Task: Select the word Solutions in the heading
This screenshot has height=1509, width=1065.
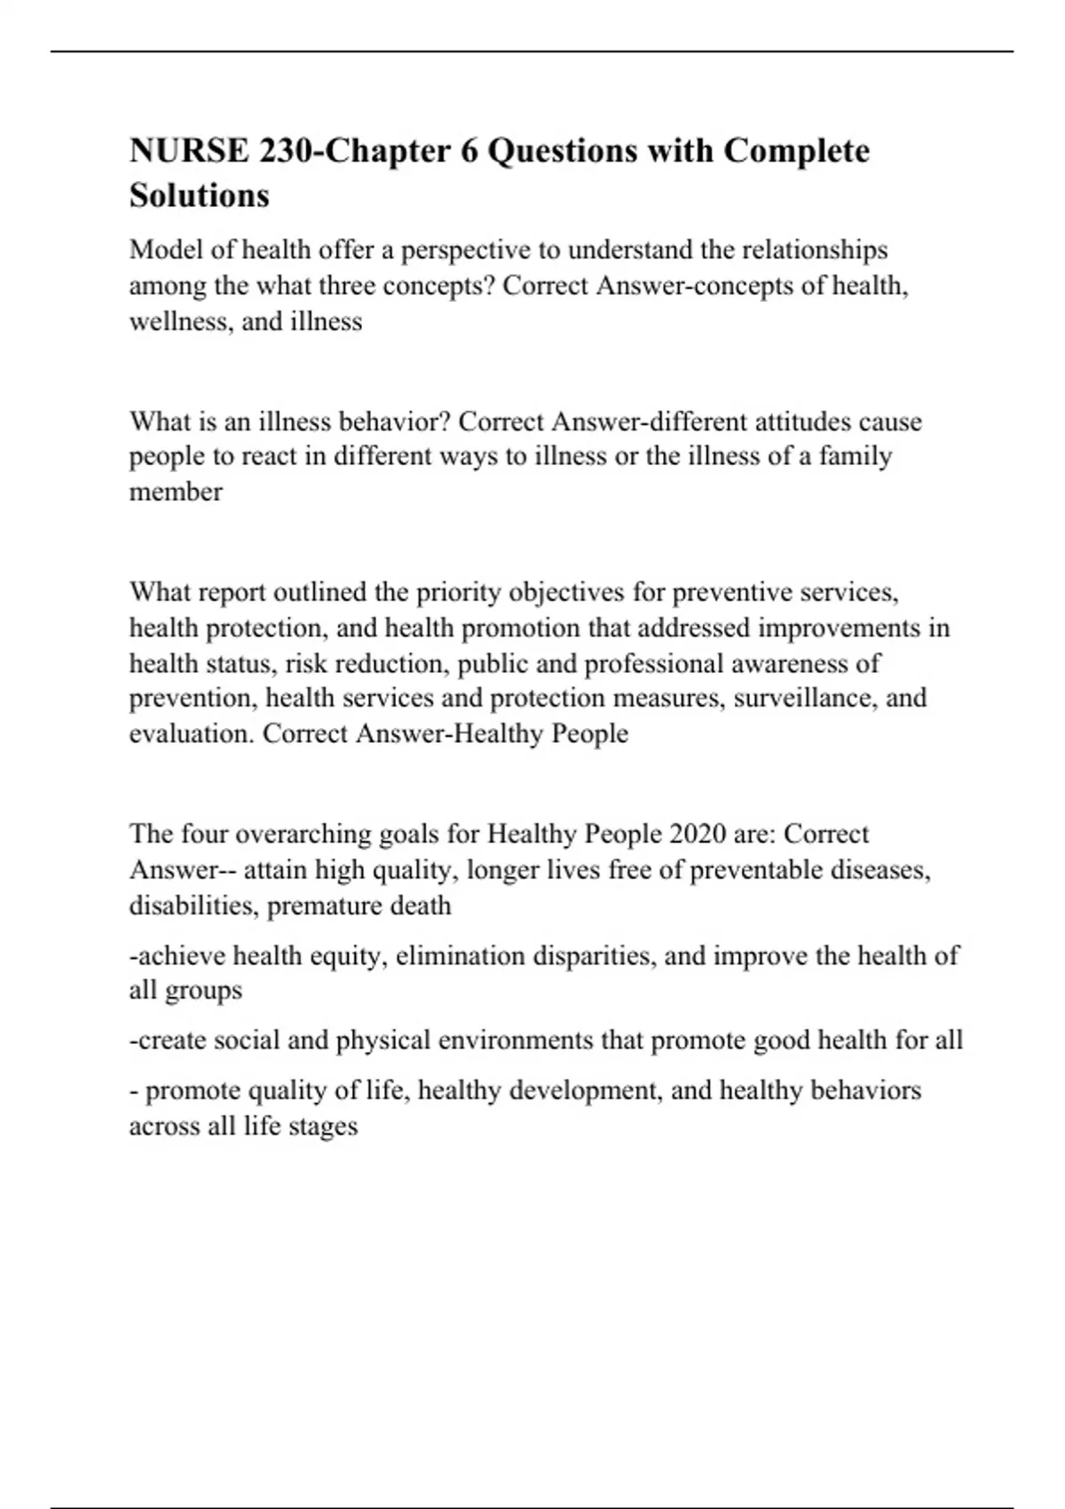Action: coord(199,195)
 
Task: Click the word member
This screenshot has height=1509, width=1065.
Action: coord(176,492)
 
